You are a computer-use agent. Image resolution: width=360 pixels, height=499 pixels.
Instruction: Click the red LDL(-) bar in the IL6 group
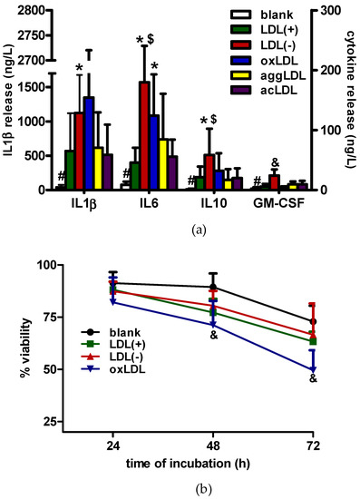click(x=143, y=136)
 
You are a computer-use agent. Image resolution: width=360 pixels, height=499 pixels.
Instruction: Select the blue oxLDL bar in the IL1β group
click(x=114, y=145)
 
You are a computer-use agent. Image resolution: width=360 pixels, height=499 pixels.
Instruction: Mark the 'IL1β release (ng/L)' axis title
click(x=8, y=100)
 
